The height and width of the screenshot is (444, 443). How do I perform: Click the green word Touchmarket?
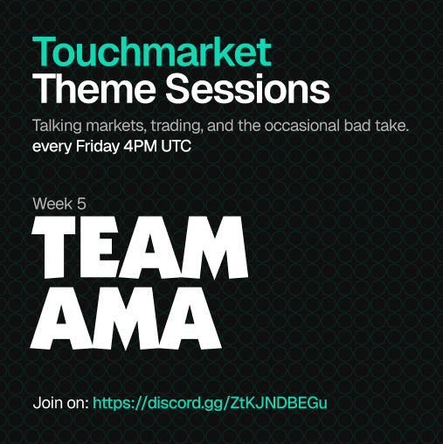coord(152,52)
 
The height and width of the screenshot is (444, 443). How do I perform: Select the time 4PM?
coord(138,146)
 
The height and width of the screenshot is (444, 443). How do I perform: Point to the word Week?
coord(52,204)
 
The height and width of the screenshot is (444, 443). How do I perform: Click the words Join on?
coord(59,403)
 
